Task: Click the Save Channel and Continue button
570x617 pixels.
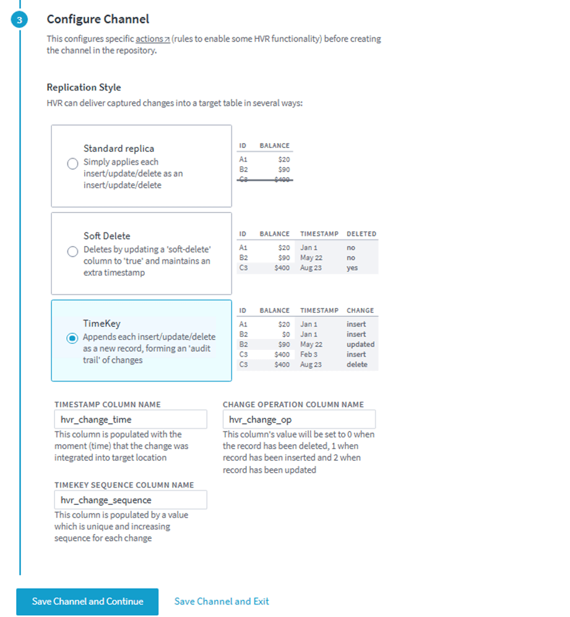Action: click(87, 602)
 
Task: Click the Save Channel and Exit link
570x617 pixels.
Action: click(222, 602)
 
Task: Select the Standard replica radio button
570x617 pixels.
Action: click(72, 164)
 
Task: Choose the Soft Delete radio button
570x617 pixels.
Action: click(72, 251)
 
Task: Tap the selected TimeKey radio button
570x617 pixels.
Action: click(72, 338)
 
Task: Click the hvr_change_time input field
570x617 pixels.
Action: click(130, 419)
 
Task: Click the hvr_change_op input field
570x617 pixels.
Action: click(299, 419)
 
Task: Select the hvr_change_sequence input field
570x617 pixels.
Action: click(130, 500)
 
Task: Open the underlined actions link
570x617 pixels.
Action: click(151, 39)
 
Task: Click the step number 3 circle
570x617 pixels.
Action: click(19, 20)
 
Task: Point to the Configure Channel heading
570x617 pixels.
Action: click(98, 20)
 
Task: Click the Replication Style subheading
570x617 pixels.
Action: click(84, 87)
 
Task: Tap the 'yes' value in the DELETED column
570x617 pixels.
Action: click(352, 268)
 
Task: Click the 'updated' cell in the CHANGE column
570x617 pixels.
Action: click(360, 344)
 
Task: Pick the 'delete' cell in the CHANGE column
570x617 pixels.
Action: click(356, 365)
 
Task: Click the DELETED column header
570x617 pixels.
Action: click(361, 234)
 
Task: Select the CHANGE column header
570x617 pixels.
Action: click(360, 310)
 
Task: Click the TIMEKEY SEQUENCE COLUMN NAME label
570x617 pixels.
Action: click(124, 485)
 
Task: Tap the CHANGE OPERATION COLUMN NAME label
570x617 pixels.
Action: click(293, 405)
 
